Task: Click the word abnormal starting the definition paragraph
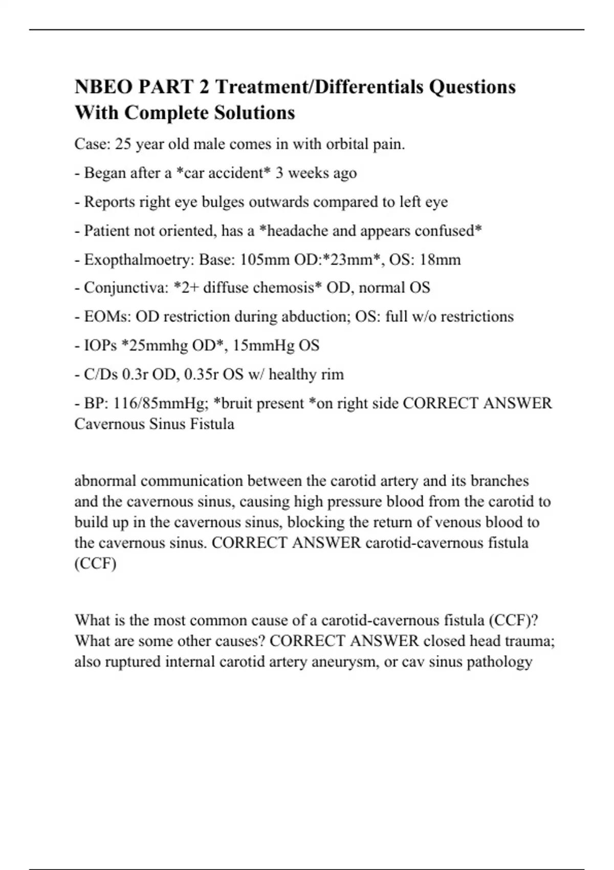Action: (105, 481)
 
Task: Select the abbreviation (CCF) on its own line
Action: (95, 563)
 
